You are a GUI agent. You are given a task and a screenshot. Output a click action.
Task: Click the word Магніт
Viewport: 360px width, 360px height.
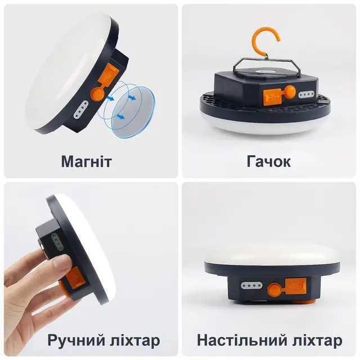87,162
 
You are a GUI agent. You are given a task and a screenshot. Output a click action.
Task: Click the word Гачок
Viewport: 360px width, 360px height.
269,162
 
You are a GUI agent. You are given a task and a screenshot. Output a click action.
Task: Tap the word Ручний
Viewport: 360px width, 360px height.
75,340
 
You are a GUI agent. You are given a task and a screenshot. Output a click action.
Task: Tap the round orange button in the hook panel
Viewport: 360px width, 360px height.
290,92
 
